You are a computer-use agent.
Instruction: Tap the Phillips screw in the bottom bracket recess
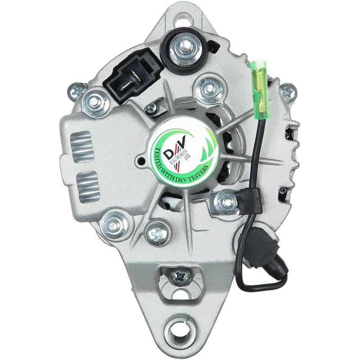180,278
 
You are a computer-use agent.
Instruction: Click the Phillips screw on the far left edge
77,92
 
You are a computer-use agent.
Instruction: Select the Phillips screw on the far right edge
288,93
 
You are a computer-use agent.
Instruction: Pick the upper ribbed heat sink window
82,147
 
